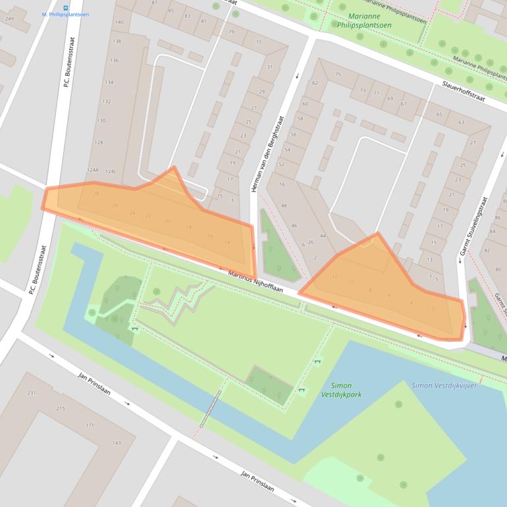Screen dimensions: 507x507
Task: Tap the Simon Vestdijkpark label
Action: pyautogui.click(x=341, y=390)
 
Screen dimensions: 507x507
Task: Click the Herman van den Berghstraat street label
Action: pyautogui.click(x=267, y=155)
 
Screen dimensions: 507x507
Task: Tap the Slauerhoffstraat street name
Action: pyautogui.click(x=464, y=92)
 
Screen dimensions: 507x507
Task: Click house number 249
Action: pyautogui.click(x=9, y=19)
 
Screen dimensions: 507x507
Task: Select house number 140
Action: pyautogui.click(x=119, y=22)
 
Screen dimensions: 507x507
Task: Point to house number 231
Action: pyautogui.click(x=32, y=393)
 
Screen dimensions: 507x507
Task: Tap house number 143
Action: pyautogui.click(x=116, y=443)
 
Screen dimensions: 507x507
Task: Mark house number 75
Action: pyautogui.click(x=338, y=75)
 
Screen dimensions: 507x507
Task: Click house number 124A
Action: pyautogui.click(x=92, y=171)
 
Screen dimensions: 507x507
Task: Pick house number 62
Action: pyautogui.click(x=315, y=83)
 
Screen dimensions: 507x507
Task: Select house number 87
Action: pyautogui.click(x=154, y=3)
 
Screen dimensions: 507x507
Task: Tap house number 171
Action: pyautogui.click(x=89, y=425)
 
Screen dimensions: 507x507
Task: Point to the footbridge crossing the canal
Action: pyautogui.click(x=211, y=408)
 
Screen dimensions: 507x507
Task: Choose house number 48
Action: pyautogui.click(x=284, y=206)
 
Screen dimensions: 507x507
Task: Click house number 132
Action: pyautogui.click(x=106, y=101)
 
